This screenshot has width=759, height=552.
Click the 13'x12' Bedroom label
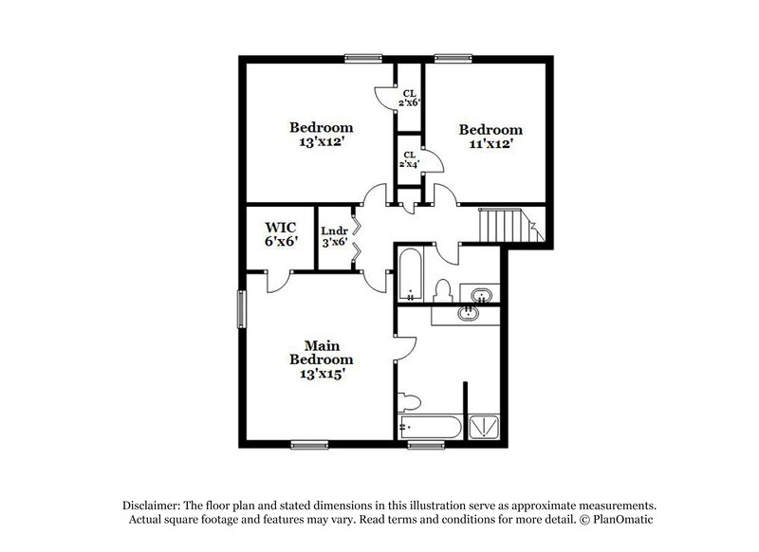tap(322, 135)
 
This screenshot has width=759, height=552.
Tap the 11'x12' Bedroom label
tap(491, 138)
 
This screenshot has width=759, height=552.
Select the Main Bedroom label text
tap(322, 359)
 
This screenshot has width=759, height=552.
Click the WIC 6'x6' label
tap(281, 234)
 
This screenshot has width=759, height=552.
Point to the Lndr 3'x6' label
tap(334, 236)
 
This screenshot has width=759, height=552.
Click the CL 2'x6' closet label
tap(409, 97)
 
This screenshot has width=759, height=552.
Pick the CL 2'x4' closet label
tap(409, 159)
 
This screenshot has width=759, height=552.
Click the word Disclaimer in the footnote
tap(154, 506)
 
